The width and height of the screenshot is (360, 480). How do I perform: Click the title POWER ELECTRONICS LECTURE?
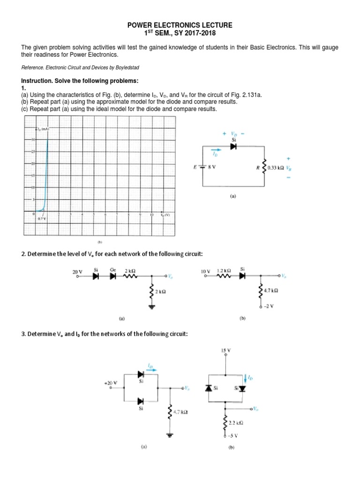tap(180, 25)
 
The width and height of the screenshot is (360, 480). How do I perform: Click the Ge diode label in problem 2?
tap(112, 270)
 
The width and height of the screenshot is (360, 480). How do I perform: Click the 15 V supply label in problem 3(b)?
tap(226, 351)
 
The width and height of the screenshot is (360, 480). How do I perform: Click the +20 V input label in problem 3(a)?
tap(111, 383)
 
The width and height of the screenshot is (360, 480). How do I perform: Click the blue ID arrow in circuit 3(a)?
tap(150, 367)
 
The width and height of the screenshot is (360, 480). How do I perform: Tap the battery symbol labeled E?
tap(202, 166)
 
